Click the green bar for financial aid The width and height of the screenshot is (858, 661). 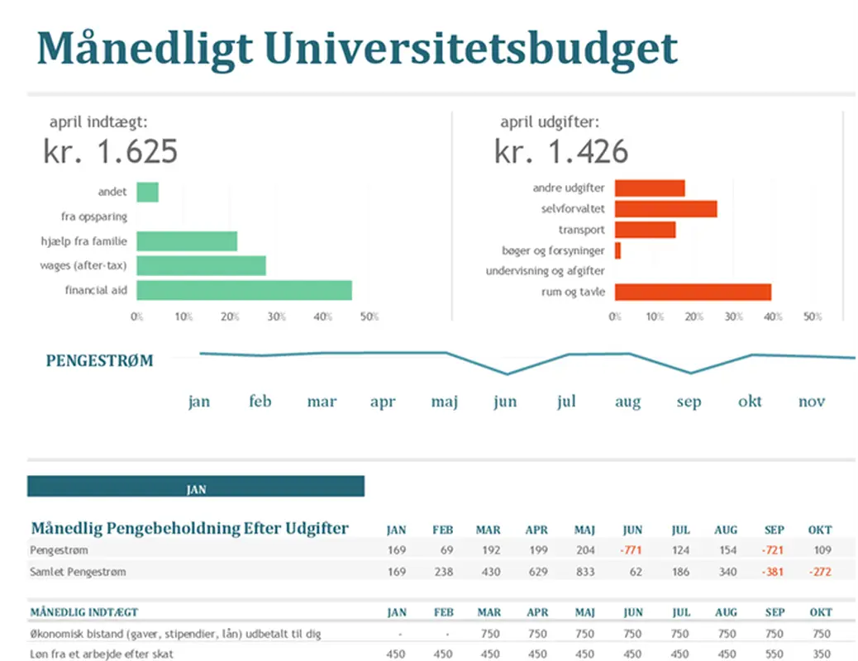point(244,291)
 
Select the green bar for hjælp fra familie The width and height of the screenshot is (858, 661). point(187,241)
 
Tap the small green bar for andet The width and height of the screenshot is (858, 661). point(147,192)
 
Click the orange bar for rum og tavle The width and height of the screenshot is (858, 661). point(693,292)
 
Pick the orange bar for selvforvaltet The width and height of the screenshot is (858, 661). point(665,209)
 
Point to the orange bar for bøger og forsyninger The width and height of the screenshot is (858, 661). point(617,250)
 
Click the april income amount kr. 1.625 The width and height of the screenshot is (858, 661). point(111,152)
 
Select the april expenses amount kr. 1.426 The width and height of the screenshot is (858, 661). point(561,152)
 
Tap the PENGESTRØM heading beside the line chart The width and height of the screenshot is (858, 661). point(99,360)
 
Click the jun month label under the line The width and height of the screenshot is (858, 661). point(505,402)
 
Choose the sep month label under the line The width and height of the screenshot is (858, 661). point(689,402)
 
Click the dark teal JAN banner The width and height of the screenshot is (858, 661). point(196,488)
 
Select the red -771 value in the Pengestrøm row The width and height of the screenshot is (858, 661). point(632,550)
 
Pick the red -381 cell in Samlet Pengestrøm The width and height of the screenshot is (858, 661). point(774,572)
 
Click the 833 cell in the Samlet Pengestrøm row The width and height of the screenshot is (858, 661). point(584,572)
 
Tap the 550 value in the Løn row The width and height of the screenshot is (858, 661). point(774,654)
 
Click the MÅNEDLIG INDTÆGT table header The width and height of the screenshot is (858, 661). point(84,612)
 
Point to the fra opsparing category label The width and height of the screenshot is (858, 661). point(94,216)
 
